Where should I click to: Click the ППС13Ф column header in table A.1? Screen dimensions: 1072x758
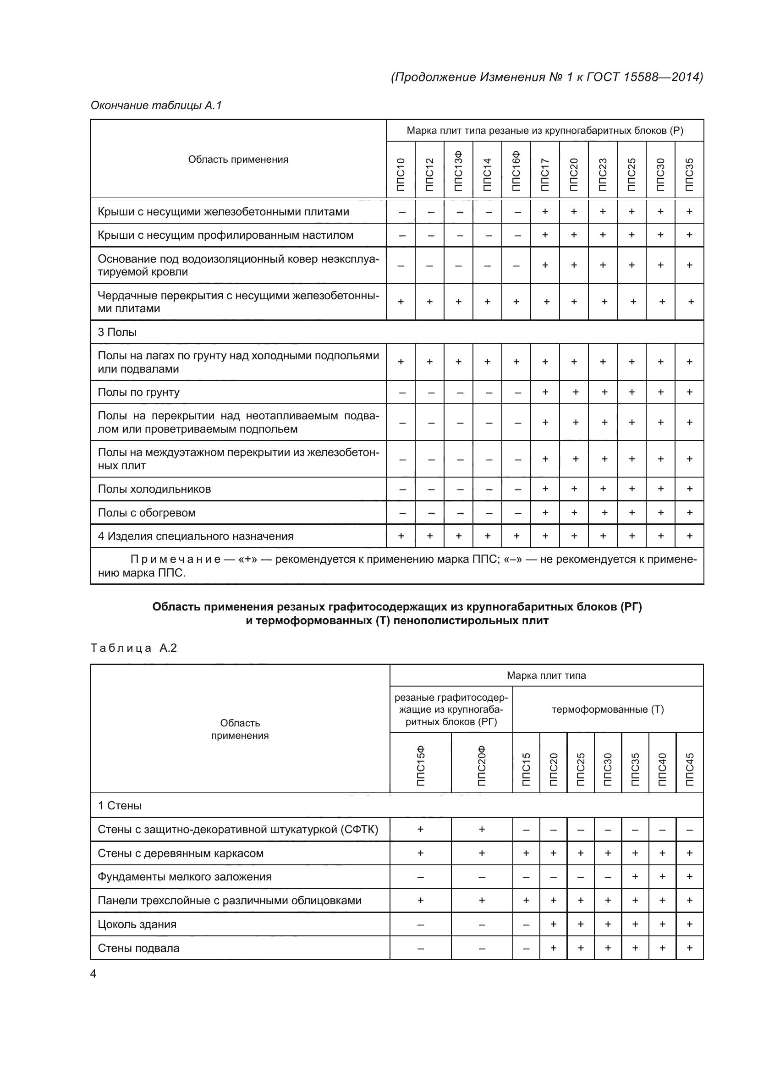coord(458,170)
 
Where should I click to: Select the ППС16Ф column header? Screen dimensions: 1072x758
coord(516,170)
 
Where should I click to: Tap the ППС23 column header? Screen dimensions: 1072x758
coord(603,174)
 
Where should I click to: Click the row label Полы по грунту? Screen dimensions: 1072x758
coord(138,392)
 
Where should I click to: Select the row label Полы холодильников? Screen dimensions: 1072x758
coord(154,489)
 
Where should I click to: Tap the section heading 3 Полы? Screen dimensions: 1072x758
coord(117,332)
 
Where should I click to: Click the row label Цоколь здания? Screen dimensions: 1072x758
coord(137,924)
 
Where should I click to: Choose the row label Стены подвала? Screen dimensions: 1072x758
coord(138,948)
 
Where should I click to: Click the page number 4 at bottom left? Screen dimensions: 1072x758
coord(93,973)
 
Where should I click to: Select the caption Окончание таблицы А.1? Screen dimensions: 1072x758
coord(156,105)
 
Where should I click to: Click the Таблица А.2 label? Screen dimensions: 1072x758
coord(133,648)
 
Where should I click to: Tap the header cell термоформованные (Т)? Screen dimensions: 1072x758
coord(608,709)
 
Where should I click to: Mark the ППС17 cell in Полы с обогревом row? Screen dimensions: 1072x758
coord(545,513)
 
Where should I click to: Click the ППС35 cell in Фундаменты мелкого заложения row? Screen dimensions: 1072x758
coord(635,876)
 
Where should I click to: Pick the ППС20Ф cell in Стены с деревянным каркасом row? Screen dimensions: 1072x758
coord(482,853)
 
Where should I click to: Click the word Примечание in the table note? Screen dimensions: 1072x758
coord(175,559)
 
